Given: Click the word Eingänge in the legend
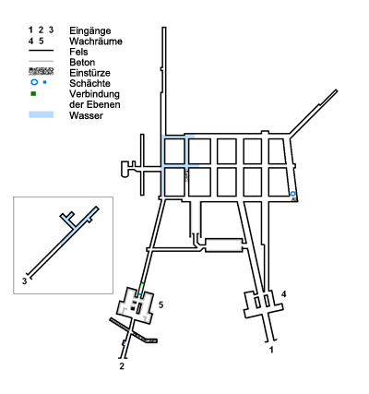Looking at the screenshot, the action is tap(90, 31).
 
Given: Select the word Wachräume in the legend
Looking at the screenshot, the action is tap(96, 42).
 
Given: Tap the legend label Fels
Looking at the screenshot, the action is tap(78, 52).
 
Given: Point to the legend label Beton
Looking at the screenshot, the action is tap(82, 62).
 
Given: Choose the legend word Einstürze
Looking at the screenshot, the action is tap(89, 73).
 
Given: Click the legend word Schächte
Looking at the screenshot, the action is tap(89, 83).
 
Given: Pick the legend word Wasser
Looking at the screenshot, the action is tap(86, 115).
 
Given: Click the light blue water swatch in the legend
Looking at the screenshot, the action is tap(42, 114).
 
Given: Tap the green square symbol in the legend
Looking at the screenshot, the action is tap(33, 94).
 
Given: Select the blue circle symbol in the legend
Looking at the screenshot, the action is tap(34, 82).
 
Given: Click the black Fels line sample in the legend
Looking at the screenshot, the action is tap(42, 50).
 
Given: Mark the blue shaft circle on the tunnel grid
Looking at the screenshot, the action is tap(293, 194).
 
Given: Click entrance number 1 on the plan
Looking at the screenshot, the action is tap(271, 350).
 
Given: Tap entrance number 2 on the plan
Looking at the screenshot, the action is tap(122, 366).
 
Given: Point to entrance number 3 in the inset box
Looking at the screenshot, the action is tap(24, 281).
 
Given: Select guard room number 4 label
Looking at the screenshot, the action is tap(283, 294).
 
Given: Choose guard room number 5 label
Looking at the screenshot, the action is tap(161, 304).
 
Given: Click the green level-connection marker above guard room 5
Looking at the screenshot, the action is tap(141, 288).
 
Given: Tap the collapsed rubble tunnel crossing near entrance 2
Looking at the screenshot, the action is tap(134, 330).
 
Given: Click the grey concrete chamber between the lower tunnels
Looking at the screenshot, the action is tap(223, 245).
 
